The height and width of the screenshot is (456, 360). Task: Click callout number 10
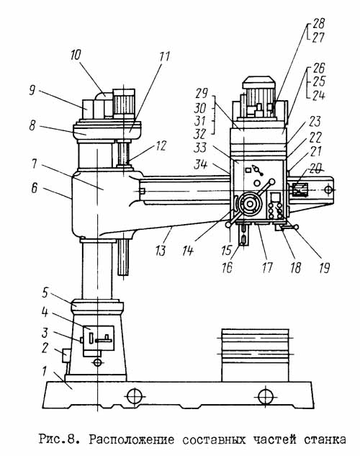tap(76, 55)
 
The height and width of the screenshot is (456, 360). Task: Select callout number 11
tap(164, 57)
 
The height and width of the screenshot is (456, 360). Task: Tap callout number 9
tap(32, 91)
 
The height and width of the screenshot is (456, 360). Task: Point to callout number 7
tap(35, 164)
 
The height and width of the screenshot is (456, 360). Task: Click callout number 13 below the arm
tap(161, 251)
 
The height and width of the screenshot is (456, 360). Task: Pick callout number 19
tap(324, 267)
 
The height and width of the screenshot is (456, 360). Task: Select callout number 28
tap(318, 23)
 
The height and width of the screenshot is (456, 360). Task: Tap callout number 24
tap(318, 95)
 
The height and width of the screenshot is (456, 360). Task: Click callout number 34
tap(201, 164)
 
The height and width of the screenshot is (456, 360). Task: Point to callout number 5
tap(45, 293)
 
